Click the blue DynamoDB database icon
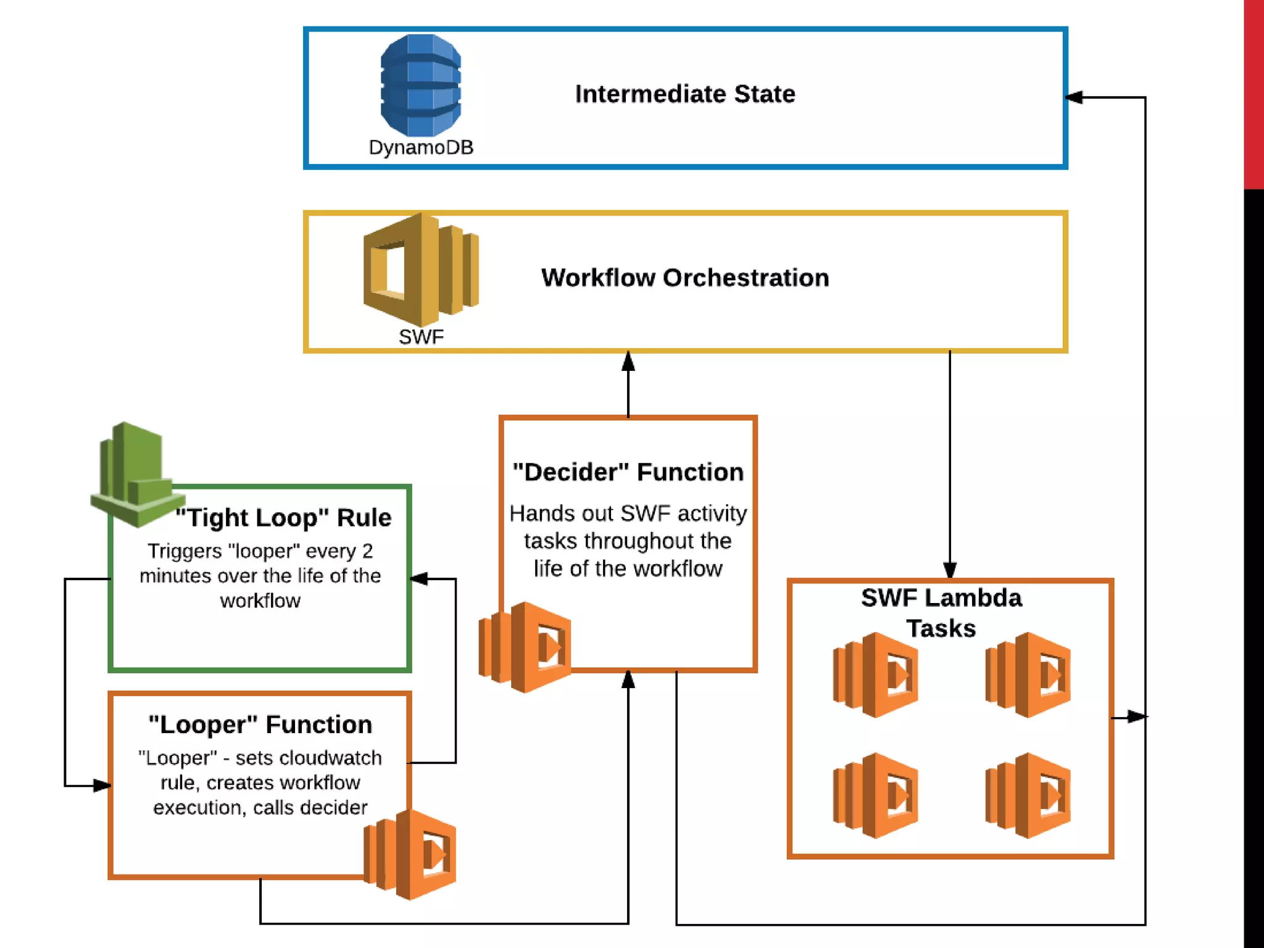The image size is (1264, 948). (x=421, y=85)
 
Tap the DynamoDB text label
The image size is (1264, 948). (x=421, y=148)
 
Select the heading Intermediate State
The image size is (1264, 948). (x=685, y=94)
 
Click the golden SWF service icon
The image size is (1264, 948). (x=421, y=269)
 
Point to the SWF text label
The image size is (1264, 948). (x=421, y=337)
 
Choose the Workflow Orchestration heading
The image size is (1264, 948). (x=685, y=278)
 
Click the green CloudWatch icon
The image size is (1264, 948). (x=138, y=474)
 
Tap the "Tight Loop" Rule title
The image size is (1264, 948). (x=283, y=517)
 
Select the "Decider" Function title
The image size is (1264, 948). (x=628, y=472)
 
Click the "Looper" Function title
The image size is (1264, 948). (x=260, y=725)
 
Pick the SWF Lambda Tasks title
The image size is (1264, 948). (x=941, y=613)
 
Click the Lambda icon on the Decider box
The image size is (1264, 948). (x=525, y=647)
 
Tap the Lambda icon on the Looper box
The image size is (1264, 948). (x=410, y=854)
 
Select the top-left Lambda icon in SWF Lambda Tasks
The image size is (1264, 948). (x=875, y=675)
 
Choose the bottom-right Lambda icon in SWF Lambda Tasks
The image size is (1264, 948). (x=1028, y=795)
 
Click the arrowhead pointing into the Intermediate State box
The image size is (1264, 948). (x=1075, y=97)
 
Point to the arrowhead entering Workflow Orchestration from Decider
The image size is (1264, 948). (x=628, y=361)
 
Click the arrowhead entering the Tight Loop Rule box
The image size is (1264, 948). (x=419, y=578)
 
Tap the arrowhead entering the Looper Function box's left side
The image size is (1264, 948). (x=102, y=786)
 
